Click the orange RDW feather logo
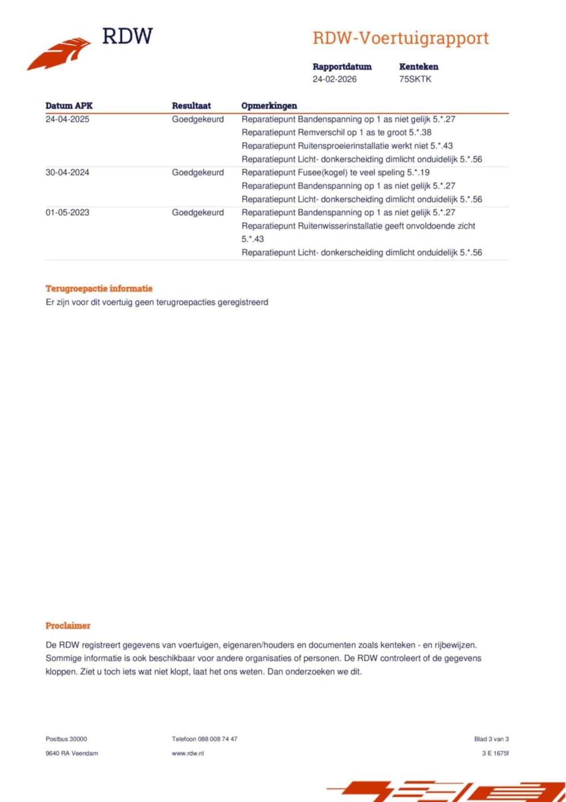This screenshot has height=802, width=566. point(59,54)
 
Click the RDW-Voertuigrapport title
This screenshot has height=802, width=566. point(401,39)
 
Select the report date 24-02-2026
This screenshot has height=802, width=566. point(334,79)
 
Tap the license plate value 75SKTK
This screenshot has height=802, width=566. point(415,79)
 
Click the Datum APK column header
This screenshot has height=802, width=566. point(69,106)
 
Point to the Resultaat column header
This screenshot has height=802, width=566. point(191,106)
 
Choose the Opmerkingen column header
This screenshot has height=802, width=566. point(269,106)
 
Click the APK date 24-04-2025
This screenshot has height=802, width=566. point(67,119)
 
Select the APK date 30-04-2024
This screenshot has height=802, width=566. point(67,172)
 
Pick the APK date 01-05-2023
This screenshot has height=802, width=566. point(67,212)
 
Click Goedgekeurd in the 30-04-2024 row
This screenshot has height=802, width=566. point(198,172)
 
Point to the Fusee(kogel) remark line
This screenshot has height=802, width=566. point(335,172)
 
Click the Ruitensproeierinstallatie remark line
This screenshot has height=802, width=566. point(347,146)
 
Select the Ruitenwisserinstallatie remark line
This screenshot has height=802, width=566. point(358,226)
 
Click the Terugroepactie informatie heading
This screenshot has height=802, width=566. point(99,289)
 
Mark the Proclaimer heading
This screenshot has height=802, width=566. point(68,625)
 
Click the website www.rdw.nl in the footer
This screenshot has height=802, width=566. point(188,753)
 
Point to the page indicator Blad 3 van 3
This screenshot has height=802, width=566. point(491,739)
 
